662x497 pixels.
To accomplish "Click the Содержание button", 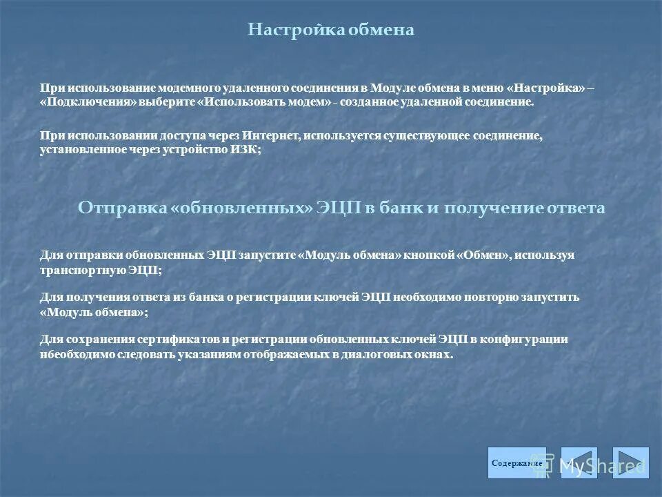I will [516, 463].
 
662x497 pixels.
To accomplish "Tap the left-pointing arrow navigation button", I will [579, 463].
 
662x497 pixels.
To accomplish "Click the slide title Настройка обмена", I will [331, 30].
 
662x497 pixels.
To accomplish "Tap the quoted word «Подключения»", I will [88, 101].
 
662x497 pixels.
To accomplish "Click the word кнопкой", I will [428, 255].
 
